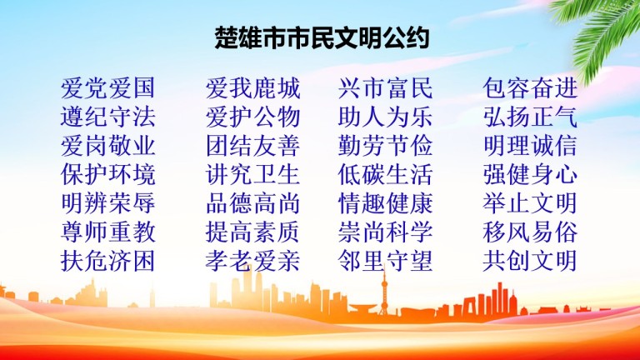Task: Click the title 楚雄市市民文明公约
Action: point(322,37)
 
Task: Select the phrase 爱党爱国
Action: point(107,88)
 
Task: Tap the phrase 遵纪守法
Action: point(107,117)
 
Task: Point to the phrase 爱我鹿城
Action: point(252,88)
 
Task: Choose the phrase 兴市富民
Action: point(385,88)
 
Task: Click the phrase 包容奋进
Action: point(530,88)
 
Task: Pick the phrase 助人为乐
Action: point(385,117)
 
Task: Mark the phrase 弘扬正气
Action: point(530,117)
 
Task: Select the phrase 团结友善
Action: point(252,146)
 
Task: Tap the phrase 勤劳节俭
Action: point(385,146)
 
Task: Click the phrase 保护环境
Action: point(107,174)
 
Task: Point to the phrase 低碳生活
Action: point(385,174)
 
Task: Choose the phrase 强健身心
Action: point(530,174)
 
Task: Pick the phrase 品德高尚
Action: point(252,203)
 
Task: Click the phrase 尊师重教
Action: point(107,232)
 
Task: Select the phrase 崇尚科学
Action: point(385,232)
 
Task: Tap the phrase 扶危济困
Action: point(107,261)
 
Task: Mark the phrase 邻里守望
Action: point(385,261)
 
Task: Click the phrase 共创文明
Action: point(530,261)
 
